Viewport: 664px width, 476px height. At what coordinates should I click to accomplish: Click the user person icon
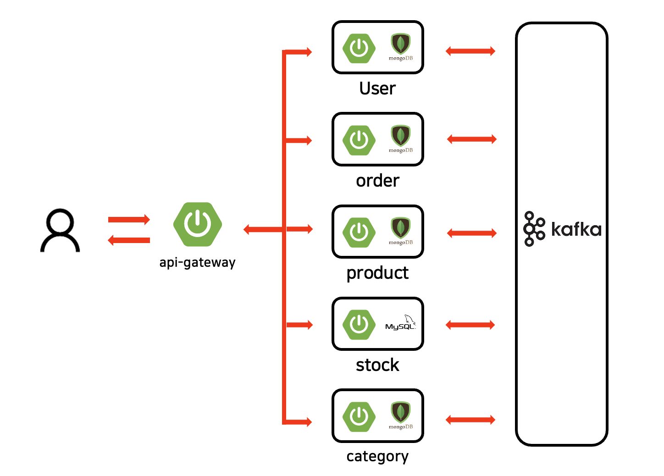pos(60,231)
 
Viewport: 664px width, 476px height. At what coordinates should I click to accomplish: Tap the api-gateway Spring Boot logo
pos(198,224)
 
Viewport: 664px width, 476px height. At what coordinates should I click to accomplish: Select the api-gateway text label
pos(197,262)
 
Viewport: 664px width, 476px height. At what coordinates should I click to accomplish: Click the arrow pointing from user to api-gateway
pos(129,220)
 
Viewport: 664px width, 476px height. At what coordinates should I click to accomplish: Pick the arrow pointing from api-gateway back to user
pos(129,240)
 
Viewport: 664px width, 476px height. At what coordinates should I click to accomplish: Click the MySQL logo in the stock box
pos(400,323)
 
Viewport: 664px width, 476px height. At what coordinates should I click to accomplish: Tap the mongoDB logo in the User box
pos(400,47)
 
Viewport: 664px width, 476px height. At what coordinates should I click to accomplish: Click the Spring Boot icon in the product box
pos(359,232)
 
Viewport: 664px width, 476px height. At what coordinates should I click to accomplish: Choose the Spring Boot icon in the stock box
pos(359,324)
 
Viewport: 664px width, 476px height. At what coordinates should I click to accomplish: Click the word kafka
pos(576,229)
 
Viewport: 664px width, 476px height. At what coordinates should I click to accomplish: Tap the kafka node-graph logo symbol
pos(534,229)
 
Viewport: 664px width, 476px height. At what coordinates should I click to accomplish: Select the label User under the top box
pos(377,89)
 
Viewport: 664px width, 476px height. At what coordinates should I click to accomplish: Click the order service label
pos(377,181)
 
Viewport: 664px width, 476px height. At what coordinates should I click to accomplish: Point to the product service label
pos(377,273)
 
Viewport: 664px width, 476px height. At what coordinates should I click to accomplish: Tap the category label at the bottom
pos(377,457)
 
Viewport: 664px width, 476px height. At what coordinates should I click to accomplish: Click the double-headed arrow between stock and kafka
pos(470,325)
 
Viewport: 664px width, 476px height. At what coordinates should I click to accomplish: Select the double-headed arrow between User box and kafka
pos(470,51)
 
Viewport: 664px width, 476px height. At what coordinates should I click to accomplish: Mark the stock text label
pos(377,365)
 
